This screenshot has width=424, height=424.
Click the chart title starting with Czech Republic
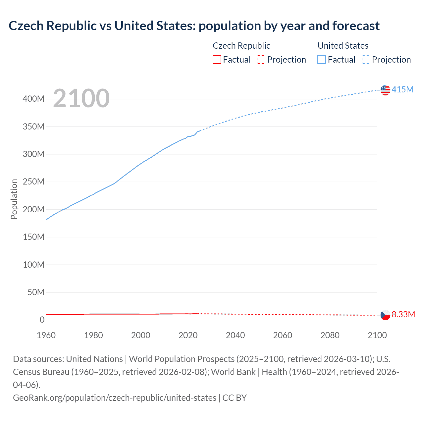point(194,26)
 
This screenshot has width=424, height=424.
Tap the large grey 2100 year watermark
point(81,98)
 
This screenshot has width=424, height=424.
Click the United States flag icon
point(385,90)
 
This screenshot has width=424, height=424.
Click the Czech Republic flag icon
point(385,315)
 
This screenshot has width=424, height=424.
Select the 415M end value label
point(402,89)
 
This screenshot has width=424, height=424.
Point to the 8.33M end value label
point(403,314)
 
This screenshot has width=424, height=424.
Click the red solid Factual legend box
point(217,60)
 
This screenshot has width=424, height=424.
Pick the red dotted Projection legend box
point(261,60)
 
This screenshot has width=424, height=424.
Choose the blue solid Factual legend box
point(321,60)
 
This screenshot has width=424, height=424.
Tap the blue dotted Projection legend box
point(366,60)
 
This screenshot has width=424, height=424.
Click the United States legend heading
point(343,46)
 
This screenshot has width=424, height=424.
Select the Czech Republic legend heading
point(241,46)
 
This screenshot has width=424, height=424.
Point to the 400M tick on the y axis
point(33,99)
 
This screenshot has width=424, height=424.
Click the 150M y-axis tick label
point(33,237)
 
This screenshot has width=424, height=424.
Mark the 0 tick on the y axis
point(42,320)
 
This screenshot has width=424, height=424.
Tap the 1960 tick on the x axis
point(46,335)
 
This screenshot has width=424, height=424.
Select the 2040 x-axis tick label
point(235,335)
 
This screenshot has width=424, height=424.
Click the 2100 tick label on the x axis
point(377,335)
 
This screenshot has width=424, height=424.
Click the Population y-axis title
point(14,199)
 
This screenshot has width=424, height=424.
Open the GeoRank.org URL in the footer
point(115,397)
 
